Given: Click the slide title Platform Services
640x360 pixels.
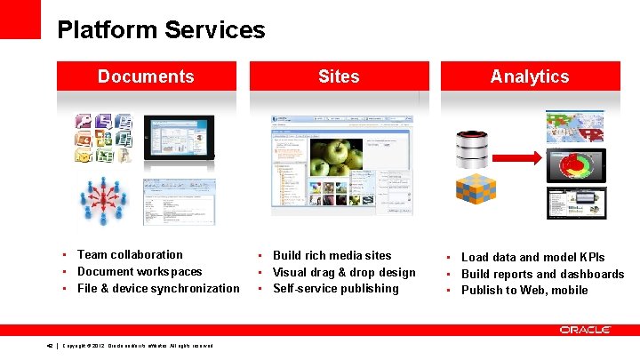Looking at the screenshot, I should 161,30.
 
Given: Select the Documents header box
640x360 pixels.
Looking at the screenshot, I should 147,76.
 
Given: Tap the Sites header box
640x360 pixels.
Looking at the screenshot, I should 339,76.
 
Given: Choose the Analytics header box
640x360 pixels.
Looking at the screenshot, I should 530,76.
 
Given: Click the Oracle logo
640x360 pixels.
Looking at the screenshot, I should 585,330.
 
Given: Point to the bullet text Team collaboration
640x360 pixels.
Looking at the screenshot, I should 130,255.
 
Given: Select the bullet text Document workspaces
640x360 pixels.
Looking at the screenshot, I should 140,272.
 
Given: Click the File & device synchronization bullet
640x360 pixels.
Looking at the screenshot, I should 158,288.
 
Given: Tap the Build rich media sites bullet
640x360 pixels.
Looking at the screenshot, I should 332,255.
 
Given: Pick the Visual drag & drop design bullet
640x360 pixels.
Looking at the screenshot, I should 344,272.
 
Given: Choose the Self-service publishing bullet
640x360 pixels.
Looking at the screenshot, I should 336,288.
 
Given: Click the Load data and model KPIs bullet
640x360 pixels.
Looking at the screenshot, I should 532,258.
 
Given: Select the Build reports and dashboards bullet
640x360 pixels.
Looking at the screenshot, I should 542,274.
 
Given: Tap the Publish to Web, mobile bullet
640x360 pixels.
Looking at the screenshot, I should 524,290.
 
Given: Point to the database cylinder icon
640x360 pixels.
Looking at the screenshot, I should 472,148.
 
